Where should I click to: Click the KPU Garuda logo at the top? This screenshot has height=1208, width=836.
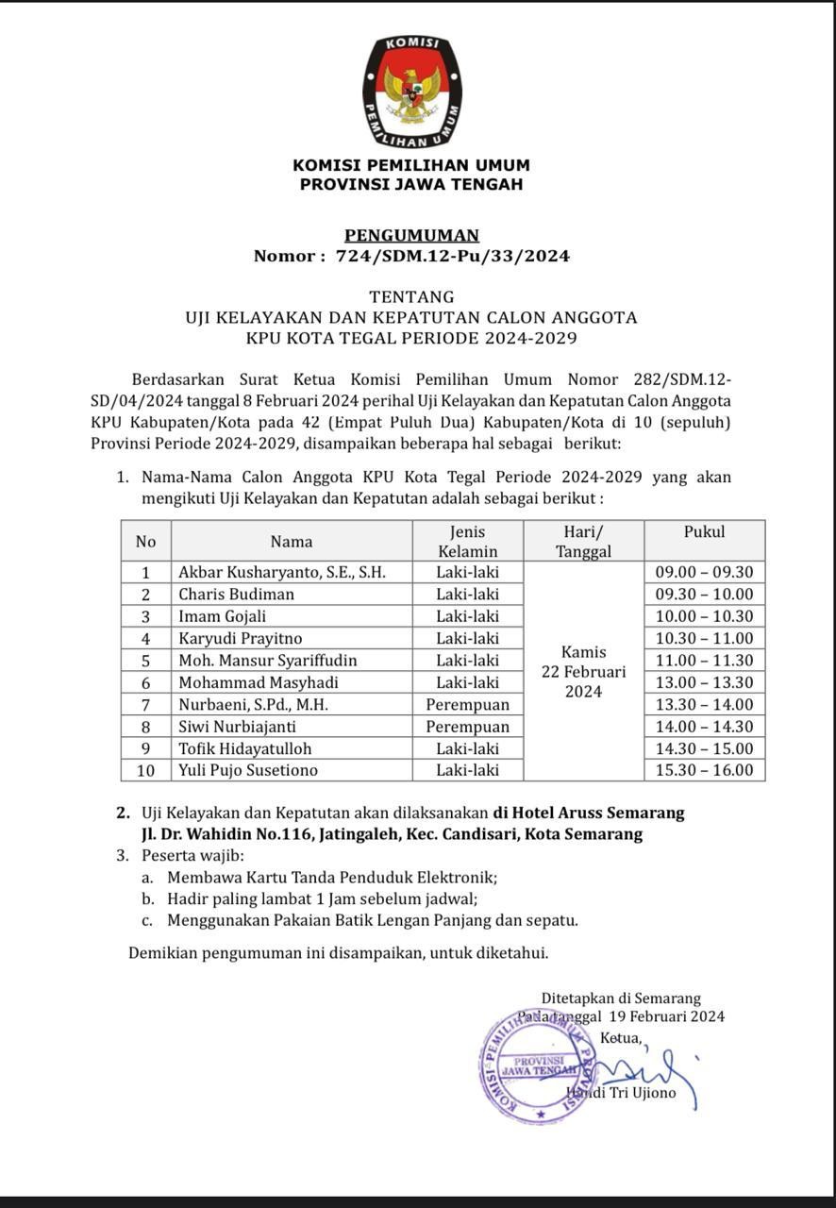[411, 92]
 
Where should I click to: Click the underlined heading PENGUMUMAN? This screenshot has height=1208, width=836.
[411, 235]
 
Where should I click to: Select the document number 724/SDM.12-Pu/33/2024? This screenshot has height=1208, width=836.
[453, 256]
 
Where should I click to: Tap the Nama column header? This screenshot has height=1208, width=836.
[292, 542]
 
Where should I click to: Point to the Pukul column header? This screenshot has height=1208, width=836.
[704, 532]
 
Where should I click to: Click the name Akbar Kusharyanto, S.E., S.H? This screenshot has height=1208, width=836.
[282, 572]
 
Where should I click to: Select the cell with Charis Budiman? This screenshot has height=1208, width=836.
[237, 595]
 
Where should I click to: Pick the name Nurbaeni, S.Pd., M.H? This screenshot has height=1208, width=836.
[254, 705]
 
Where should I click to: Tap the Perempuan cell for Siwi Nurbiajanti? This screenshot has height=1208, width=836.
[467, 727]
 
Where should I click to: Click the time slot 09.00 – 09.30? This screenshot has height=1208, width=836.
[704, 572]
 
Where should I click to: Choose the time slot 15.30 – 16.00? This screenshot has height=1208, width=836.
[704, 770]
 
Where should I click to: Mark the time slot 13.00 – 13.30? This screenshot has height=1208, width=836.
[704, 682]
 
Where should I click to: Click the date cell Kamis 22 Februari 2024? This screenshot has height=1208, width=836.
[584, 671]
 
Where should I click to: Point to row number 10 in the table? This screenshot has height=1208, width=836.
[145, 770]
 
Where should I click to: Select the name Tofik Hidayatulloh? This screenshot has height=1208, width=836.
[245, 748]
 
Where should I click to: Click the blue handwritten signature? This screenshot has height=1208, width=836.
[651, 1071]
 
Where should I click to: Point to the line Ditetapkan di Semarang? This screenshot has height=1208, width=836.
[621, 998]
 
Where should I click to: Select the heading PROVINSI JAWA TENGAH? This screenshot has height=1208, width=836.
[411, 185]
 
